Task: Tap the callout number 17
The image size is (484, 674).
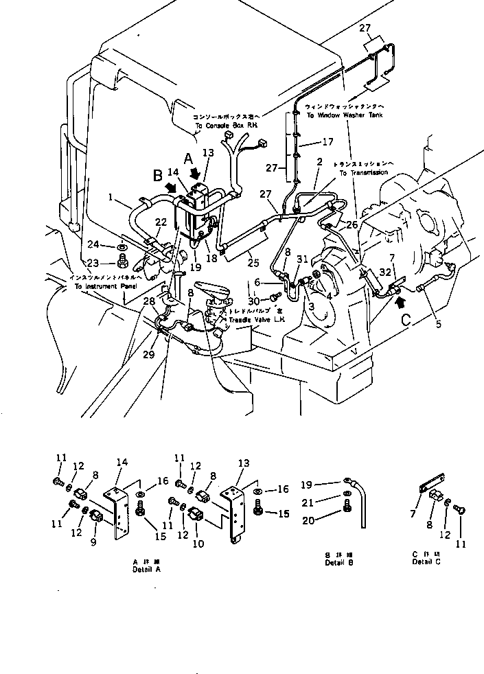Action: click(328, 143)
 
